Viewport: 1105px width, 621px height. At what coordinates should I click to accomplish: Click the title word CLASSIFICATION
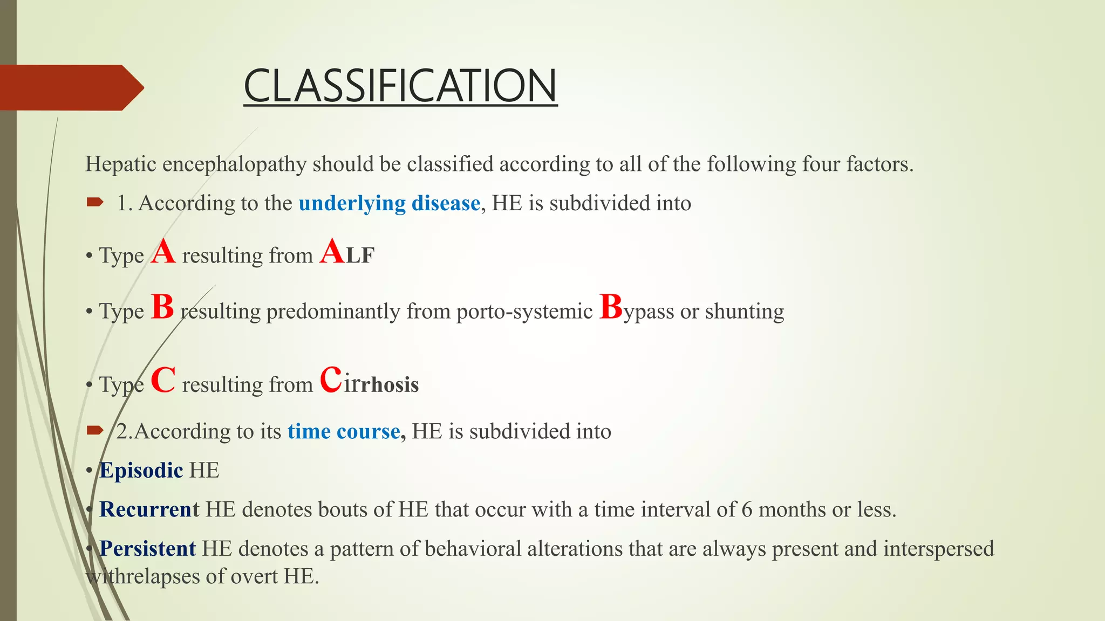click(x=400, y=86)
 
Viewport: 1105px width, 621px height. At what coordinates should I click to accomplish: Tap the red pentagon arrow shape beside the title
click(x=70, y=87)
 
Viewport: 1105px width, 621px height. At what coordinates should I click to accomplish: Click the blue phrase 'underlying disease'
click(x=389, y=203)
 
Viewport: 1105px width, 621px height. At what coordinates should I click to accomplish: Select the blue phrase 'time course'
click(x=344, y=431)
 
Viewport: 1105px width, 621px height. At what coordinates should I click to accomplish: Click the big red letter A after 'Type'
click(x=163, y=252)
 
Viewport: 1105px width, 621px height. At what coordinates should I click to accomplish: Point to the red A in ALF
click(x=332, y=252)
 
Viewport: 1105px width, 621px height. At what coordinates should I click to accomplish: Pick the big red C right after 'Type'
click(x=163, y=380)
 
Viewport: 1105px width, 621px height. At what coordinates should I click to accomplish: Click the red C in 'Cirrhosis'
click(x=331, y=380)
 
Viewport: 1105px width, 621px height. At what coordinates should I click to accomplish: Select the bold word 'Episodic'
click(x=141, y=471)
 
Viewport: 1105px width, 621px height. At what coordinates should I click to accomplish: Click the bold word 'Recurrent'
click(x=149, y=509)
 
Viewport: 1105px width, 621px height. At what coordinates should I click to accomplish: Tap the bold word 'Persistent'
click(x=147, y=549)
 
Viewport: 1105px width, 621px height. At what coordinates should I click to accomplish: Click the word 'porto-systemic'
click(x=524, y=312)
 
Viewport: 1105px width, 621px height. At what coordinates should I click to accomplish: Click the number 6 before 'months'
click(x=747, y=509)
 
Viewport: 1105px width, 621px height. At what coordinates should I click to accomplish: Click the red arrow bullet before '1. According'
click(x=94, y=202)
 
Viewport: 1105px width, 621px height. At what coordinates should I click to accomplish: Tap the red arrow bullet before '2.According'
click(x=94, y=430)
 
